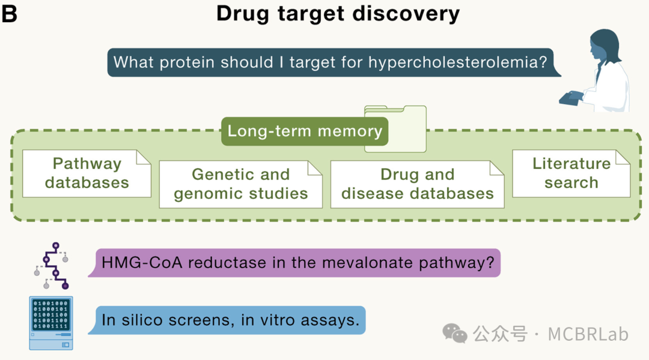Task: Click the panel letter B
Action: pos(10,14)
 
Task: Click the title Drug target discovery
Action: pos(338,14)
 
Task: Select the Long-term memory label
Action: pos(305,132)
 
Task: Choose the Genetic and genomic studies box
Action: pos(240,184)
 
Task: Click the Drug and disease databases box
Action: pos(417,184)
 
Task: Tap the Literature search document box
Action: pos(571,173)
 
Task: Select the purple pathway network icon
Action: pos(53,266)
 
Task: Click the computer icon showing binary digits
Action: pos(51,323)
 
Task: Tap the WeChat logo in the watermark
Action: pos(455,333)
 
